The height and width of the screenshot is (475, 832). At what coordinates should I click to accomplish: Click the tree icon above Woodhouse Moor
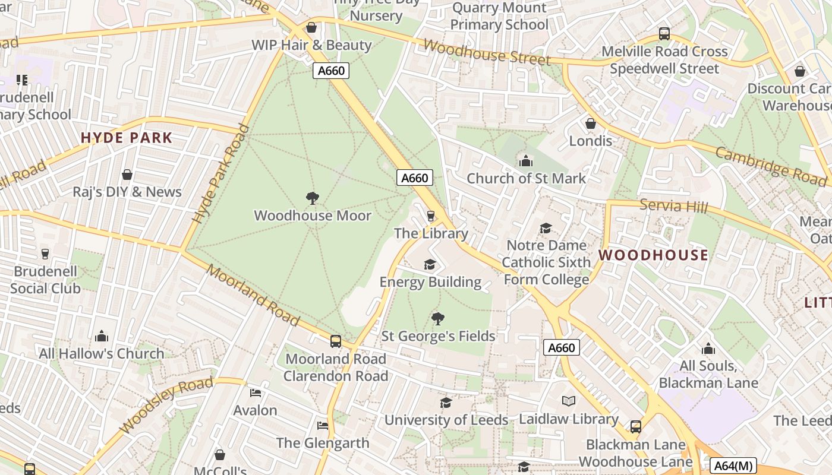[312, 198]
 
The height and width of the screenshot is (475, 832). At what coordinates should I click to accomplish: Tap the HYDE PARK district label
[127, 138]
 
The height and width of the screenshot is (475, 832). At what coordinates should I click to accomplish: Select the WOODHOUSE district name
[653, 255]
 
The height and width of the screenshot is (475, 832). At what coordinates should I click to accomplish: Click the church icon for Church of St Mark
[525, 161]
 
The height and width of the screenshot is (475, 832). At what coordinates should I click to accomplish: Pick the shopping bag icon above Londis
[591, 123]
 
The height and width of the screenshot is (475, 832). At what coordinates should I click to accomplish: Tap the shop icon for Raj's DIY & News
[127, 175]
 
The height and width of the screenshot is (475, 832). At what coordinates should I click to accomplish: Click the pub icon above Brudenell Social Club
[45, 254]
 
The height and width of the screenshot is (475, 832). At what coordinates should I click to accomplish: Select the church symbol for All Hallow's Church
[102, 336]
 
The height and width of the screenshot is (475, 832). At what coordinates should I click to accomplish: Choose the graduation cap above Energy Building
[430, 264]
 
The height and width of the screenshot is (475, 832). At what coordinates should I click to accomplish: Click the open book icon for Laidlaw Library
[569, 401]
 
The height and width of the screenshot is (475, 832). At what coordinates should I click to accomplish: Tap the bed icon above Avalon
[256, 393]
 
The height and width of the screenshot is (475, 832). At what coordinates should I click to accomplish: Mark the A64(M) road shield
[734, 466]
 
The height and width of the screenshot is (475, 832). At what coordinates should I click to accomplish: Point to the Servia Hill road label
[674, 206]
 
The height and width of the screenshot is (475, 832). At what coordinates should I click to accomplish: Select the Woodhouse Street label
[487, 53]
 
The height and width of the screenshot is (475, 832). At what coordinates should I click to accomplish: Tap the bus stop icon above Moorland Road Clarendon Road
[336, 341]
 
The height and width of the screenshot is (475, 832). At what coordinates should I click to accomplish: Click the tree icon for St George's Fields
[438, 319]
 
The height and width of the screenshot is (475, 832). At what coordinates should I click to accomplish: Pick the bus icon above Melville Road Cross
[664, 34]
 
